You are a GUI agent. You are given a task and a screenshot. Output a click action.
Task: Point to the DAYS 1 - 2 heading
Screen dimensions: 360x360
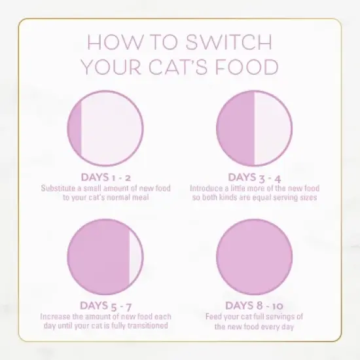click(105, 177)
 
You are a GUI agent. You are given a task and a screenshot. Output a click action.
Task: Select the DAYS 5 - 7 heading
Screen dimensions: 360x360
click(105, 305)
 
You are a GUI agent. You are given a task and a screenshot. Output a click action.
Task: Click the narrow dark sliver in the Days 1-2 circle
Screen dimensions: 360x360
click(76, 128)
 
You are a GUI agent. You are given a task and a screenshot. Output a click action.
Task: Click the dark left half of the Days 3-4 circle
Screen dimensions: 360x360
click(236, 128)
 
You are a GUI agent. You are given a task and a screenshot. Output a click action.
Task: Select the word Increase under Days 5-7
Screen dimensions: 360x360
click(54, 315)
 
